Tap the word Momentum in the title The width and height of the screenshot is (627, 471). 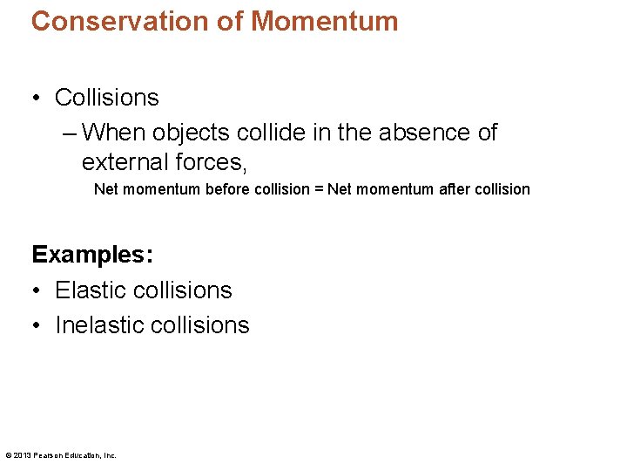(x=324, y=21)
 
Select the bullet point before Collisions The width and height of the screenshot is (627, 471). (x=37, y=98)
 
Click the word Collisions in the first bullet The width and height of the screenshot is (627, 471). (x=107, y=98)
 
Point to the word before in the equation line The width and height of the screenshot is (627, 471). (x=227, y=189)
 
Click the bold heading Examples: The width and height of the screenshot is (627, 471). (x=92, y=256)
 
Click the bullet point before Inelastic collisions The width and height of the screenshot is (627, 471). (x=37, y=325)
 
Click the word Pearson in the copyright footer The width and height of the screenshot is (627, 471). (x=48, y=454)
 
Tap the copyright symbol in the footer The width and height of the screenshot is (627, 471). (x=8, y=454)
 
